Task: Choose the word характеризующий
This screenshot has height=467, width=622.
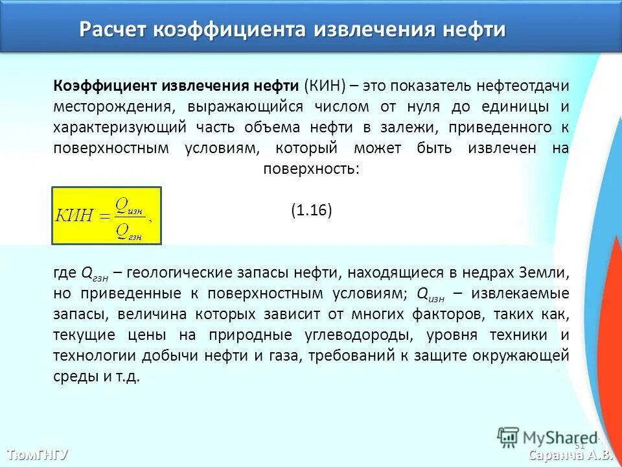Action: [120, 127]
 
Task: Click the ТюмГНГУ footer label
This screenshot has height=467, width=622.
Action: [38, 453]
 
